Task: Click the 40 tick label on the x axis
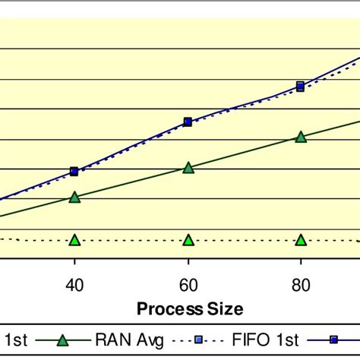74,284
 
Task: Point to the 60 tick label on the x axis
188,284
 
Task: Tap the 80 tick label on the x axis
301,284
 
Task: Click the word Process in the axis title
166,308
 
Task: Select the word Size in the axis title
222,308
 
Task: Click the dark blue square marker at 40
74,172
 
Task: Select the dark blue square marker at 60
188,122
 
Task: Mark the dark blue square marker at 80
301,85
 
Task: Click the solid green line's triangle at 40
74,197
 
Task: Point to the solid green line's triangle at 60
188,167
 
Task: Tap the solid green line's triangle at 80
301,137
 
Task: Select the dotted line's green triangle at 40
74,240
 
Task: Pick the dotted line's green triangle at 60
188,240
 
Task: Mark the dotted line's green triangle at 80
301,240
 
